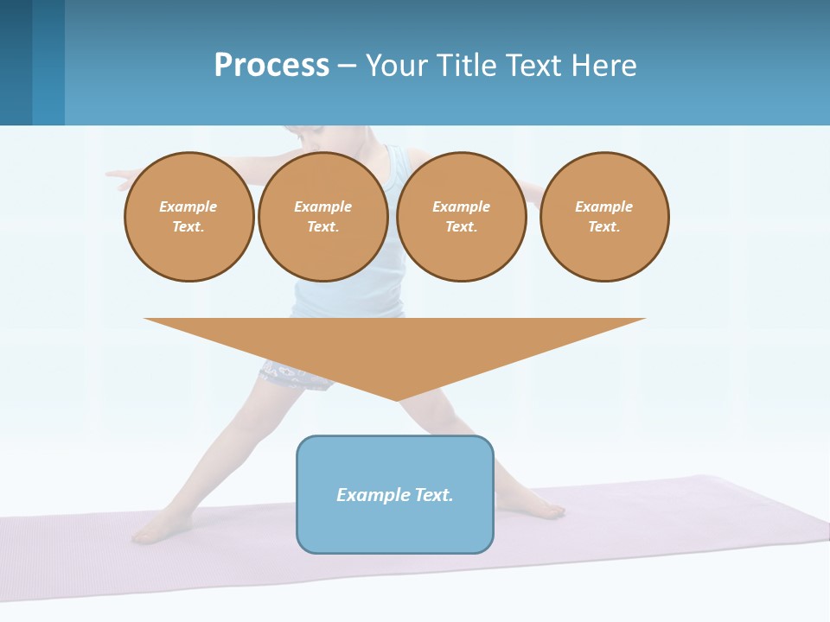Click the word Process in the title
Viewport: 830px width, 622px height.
(271, 66)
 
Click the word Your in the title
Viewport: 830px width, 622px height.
(399, 66)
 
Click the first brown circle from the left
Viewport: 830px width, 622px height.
(189, 217)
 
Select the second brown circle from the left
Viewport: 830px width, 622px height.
(323, 217)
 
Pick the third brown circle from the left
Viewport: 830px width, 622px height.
(462, 217)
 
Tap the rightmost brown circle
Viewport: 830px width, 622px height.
(604, 217)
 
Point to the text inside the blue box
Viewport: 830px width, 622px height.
(395, 495)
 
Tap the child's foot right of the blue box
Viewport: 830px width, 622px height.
(545, 510)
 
